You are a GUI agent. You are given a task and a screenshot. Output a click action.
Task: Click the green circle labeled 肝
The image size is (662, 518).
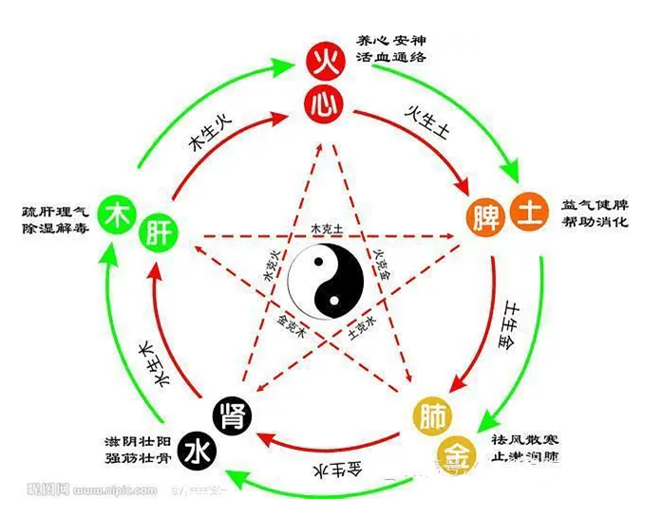click(161, 231)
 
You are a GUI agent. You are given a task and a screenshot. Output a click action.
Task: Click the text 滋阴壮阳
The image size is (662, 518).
click(142, 441)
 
